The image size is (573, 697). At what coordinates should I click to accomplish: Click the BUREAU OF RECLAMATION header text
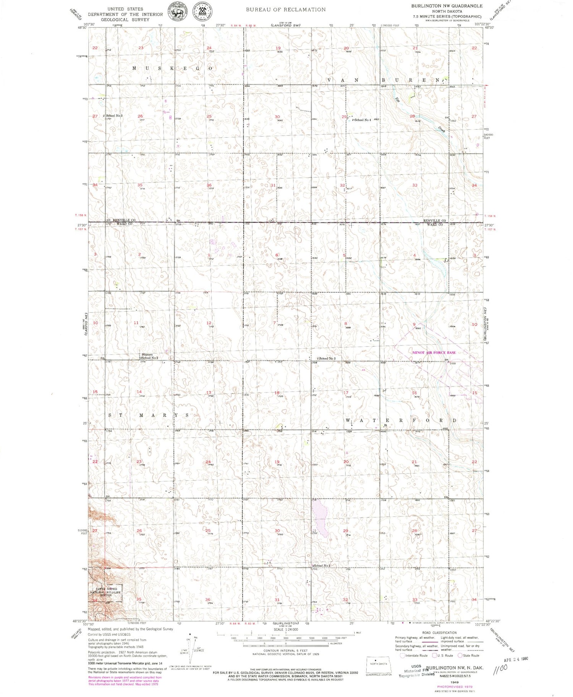click(x=285, y=10)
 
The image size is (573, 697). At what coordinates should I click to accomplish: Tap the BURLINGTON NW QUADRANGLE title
click(x=447, y=6)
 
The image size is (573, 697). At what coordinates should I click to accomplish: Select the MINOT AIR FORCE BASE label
click(x=434, y=352)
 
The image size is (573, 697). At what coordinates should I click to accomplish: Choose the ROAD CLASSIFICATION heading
click(x=439, y=633)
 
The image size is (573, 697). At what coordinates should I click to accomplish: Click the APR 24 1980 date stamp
click(x=516, y=659)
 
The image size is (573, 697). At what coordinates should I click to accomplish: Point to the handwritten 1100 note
click(x=500, y=668)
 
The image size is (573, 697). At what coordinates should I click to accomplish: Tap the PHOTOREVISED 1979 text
click(x=454, y=687)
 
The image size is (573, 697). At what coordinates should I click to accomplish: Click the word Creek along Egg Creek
click(x=442, y=130)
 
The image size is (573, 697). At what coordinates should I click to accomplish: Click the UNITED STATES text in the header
click(x=125, y=9)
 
